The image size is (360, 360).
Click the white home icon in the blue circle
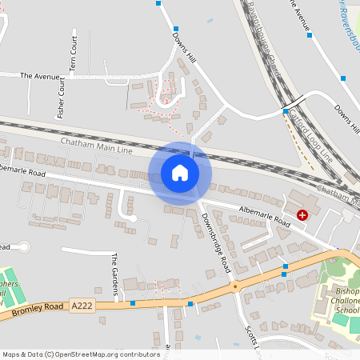pyautogui.click(x=180, y=173)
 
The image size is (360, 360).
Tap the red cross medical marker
pyautogui.click(x=302, y=214)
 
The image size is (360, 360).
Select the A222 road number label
pyautogui.click(x=82, y=305)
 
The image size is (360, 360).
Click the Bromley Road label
pyautogui.click(x=33, y=311)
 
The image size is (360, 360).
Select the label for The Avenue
pyautogui.click(x=40, y=76)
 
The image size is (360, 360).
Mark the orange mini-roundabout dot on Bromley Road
pyautogui.click(x=235, y=286)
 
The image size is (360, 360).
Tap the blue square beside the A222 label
pyautogui.click(x=133, y=303)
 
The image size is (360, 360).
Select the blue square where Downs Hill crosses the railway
pyautogui.click(x=285, y=110)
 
